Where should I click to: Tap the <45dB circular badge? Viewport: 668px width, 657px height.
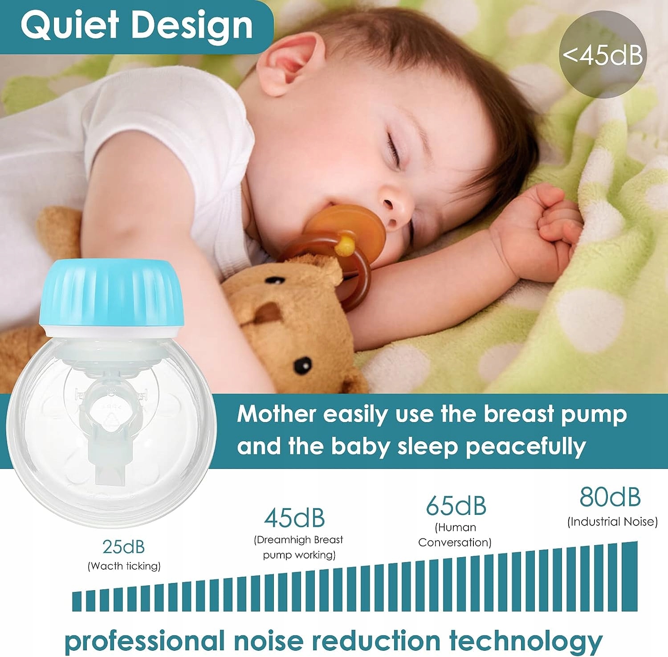[603, 54]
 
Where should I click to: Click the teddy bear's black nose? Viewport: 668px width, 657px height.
[303, 365]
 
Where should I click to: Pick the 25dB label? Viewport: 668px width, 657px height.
[123, 546]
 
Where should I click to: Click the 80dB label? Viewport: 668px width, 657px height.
[610, 497]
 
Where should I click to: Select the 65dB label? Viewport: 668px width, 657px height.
[456, 505]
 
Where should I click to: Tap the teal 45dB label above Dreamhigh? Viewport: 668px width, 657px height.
[294, 517]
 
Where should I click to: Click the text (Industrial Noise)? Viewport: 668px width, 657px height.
[612, 522]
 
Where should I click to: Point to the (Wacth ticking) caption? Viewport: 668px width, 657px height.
[124, 566]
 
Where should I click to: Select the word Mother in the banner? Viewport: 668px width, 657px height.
[277, 414]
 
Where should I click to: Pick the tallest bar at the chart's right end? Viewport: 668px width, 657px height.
[630, 576]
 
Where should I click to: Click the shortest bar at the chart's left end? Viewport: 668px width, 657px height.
[77, 601]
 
